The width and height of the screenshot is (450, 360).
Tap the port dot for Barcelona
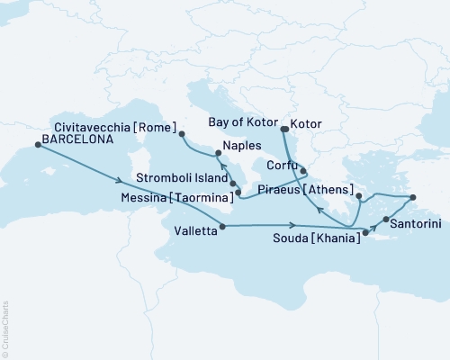[x=38, y=150]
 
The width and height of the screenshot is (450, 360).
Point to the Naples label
[x=243, y=146]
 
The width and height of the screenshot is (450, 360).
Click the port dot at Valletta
[x=221, y=226]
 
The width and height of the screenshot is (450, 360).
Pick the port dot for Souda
[x=365, y=233]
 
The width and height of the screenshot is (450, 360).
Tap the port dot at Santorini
[x=386, y=219]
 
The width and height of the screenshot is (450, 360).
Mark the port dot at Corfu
[x=303, y=170]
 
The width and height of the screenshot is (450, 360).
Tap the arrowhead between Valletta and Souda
[x=293, y=226]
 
